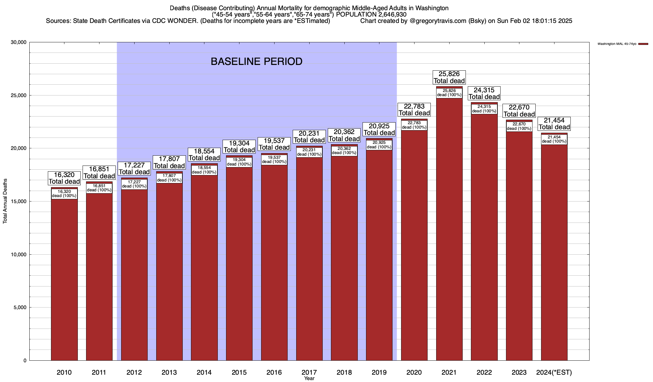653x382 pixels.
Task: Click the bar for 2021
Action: click(449, 229)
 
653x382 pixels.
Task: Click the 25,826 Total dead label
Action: click(449, 77)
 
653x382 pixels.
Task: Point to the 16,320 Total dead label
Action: click(64, 178)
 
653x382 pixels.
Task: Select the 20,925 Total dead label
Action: click(379, 129)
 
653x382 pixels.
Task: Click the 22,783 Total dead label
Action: click(414, 110)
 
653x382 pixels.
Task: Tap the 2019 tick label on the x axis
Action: click(379, 372)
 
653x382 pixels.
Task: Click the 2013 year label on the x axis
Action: click(169, 372)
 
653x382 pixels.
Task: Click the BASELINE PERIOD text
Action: click(257, 61)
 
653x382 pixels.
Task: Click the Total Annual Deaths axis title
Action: click(5, 201)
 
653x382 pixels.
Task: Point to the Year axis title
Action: click(309, 378)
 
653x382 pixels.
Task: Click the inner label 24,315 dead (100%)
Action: click(484, 109)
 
